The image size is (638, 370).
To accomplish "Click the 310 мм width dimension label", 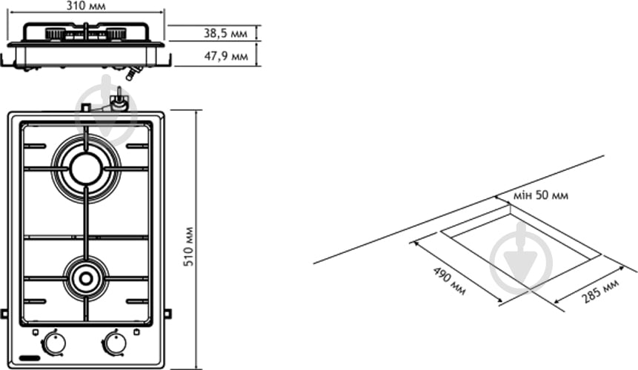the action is [x=85, y=6].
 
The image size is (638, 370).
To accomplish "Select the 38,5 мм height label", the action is [x=225, y=33].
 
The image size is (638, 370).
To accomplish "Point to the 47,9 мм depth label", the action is [x=226, y=56].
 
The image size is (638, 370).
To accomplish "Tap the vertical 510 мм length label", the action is [x=189, y=246].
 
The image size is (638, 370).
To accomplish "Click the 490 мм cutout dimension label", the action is [x=449, y=281].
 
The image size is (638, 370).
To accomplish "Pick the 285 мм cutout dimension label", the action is [x=600, y=291].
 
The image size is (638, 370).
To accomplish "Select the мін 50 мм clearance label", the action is [x=540, y=195].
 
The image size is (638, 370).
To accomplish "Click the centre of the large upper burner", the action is [x=86, y=169].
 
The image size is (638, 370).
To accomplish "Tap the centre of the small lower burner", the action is [x=86, y=279].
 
